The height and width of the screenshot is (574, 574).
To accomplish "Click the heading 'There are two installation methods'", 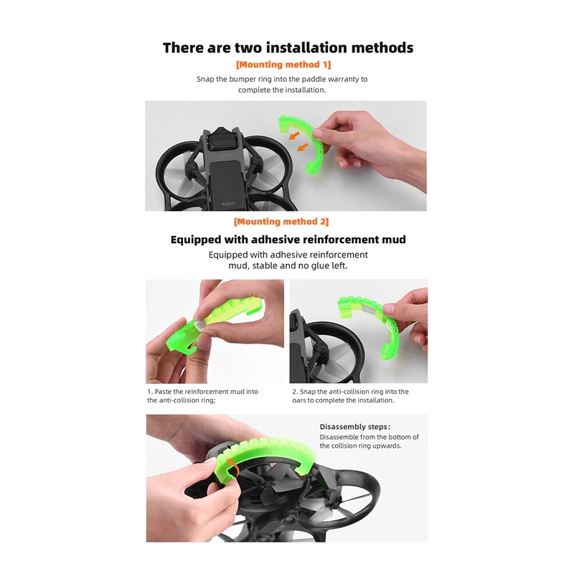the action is (288, 48).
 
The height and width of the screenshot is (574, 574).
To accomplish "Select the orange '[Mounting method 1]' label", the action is (283, 65).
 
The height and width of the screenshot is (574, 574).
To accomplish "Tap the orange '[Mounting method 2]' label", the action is (281, 222).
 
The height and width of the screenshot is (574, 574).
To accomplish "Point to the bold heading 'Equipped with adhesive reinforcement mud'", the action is (288, 240).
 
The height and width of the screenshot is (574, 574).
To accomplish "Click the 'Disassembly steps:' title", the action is (355, 427).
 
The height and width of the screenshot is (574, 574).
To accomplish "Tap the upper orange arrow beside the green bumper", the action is (294, 136).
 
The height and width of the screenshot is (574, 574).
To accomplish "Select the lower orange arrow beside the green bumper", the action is (302, 147).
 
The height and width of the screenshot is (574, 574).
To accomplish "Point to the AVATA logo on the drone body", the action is (229, 204).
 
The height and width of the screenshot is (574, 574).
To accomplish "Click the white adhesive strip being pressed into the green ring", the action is (201, 324).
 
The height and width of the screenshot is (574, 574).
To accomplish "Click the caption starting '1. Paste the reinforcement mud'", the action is (202, 396).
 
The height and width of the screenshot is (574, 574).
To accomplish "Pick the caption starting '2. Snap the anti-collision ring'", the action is (350, 396).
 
